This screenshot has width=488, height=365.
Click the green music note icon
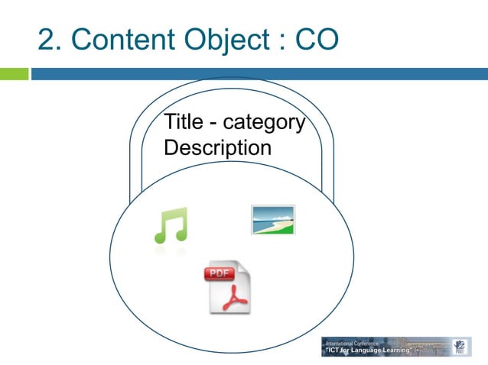coord(170,226)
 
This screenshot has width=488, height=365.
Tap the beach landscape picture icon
coord(273,220)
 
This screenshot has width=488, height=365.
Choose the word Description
coord(217,147)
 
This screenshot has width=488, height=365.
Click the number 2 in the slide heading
coord(47,40)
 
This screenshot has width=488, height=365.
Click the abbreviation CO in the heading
coord(314,40)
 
